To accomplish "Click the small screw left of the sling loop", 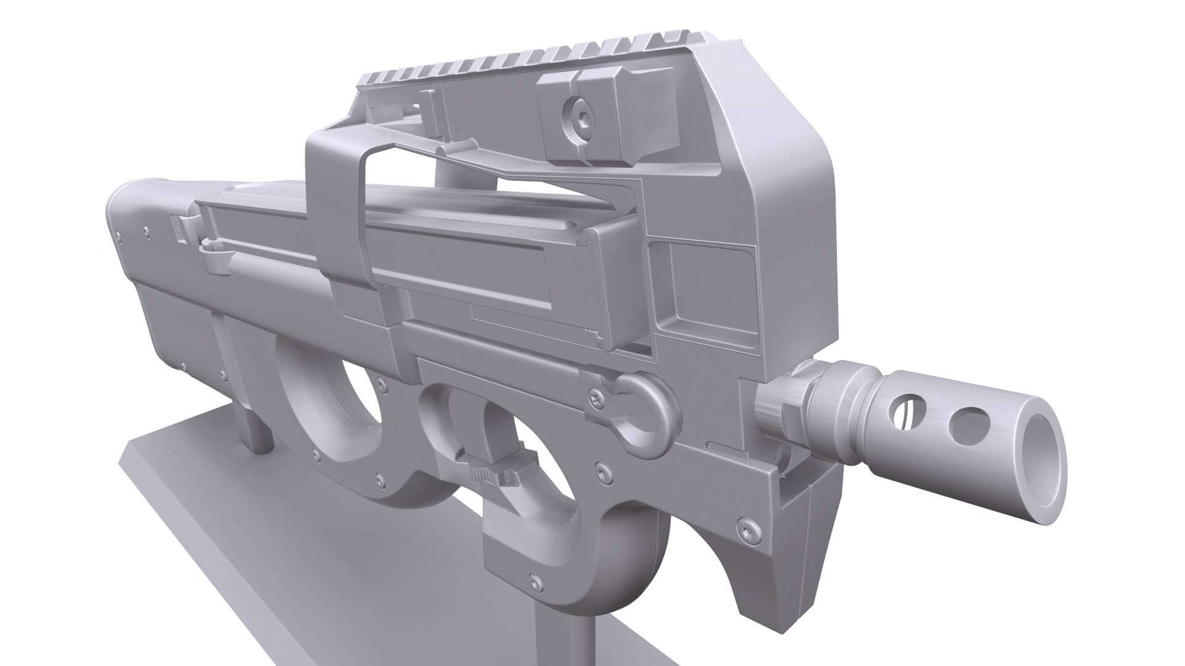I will tap(595, 399).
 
